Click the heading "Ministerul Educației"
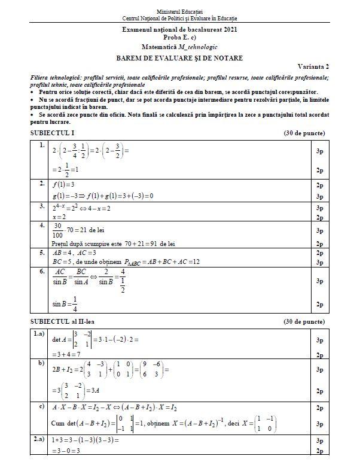click(x=179, y=12)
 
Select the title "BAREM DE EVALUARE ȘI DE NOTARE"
click(x=179, y=58)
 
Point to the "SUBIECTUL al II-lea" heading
click(x=58, y=321)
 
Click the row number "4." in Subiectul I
click(x=42, y=226)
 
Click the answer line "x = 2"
click(x=59, y=217)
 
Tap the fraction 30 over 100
click(x=58, y=230)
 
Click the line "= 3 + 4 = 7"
click(x=68, y=354)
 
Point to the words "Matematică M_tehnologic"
click(x=179, y=45)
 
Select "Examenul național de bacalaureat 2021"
click(x=179, y=29)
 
